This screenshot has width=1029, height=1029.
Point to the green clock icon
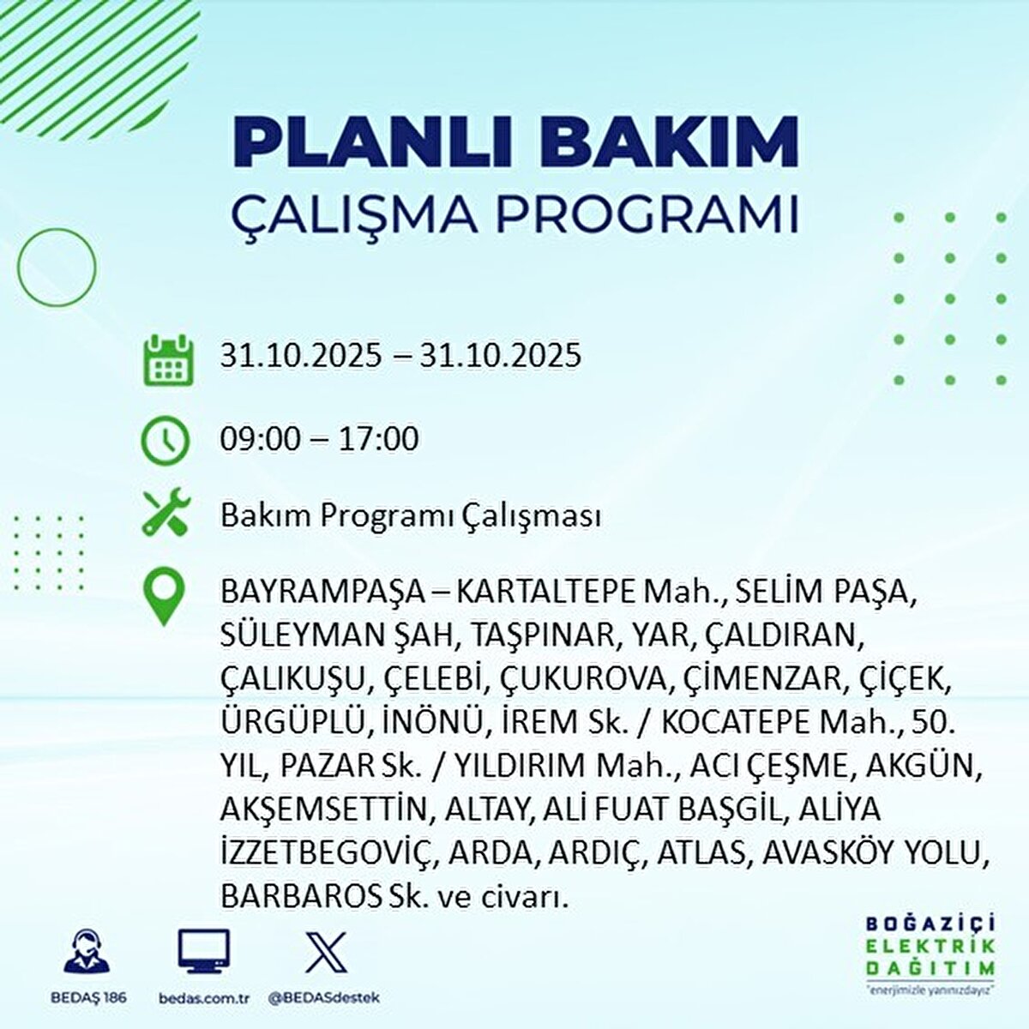click(165, 441)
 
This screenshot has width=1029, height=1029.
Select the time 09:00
click(261, 440)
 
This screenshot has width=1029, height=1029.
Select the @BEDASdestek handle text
click(323, 998)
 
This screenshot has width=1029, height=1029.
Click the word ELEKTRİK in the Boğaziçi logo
click(930, 946)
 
